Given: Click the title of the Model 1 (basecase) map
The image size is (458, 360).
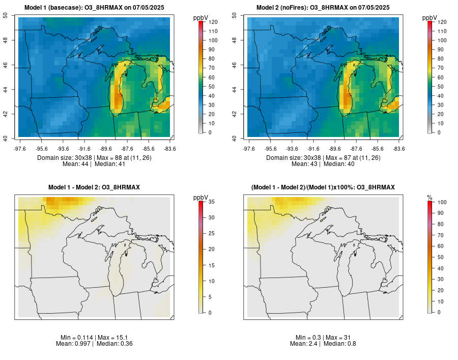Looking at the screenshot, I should coord(94,8).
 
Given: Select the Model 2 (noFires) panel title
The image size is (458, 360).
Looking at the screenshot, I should coord(323,8).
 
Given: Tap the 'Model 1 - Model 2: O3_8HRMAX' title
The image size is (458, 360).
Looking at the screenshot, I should coord(94,187).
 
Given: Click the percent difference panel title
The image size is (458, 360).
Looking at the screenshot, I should coord(323,187).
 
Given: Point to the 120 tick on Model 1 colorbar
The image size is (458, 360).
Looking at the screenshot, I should coord(213,22).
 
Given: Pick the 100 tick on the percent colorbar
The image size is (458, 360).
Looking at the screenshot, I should coord(442,202).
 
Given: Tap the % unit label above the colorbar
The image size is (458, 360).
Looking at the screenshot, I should coord(430,197).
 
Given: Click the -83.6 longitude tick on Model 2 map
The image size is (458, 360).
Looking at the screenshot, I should coord(398,149).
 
